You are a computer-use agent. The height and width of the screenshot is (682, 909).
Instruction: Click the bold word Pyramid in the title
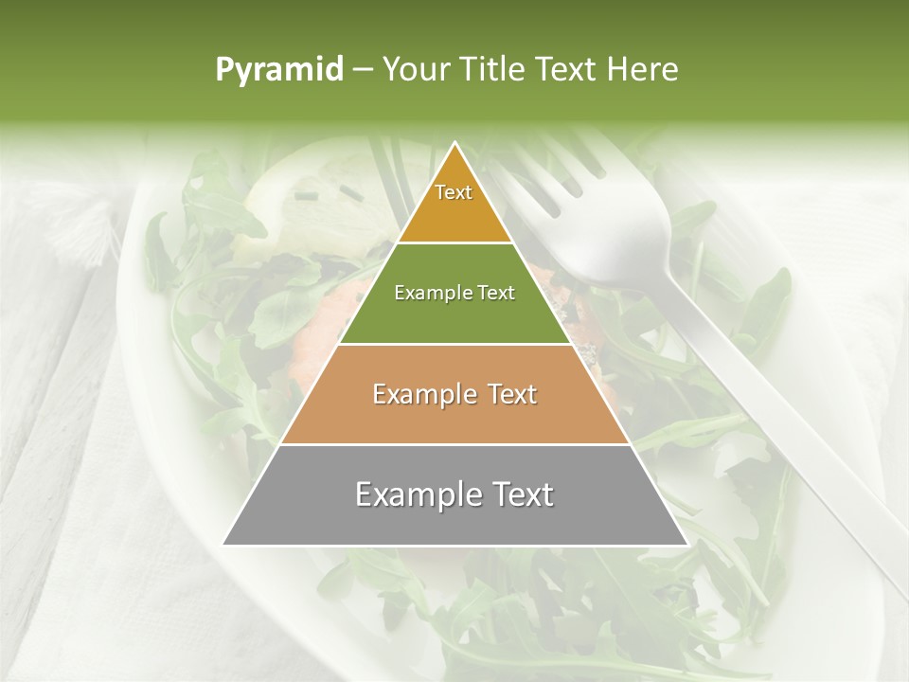coord(279,70)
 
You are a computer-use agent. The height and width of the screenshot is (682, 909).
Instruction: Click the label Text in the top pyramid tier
coord(454,192)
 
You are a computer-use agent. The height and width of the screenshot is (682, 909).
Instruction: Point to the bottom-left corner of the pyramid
coord(223,544)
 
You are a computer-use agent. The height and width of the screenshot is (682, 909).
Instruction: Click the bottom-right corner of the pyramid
coord(686,544)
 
